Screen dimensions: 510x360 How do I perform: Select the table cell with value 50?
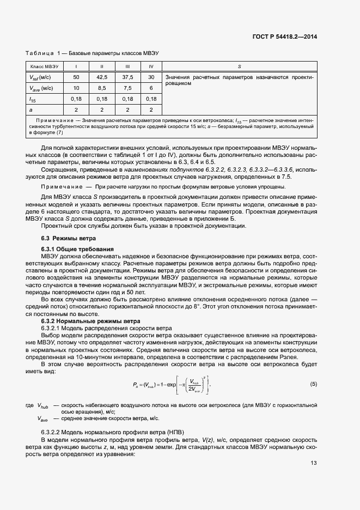tap(76, 77)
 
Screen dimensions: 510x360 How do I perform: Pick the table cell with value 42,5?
tap(101, 77)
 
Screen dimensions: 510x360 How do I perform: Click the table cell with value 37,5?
tap(127, 77)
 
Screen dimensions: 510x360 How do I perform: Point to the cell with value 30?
tap(151, 77)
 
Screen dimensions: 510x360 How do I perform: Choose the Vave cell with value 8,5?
tap(101, 88)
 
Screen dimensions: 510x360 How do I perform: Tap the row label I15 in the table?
tap(32, 99)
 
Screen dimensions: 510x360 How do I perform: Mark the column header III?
tap(127, 66)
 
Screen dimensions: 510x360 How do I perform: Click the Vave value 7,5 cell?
tap(127, 88)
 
